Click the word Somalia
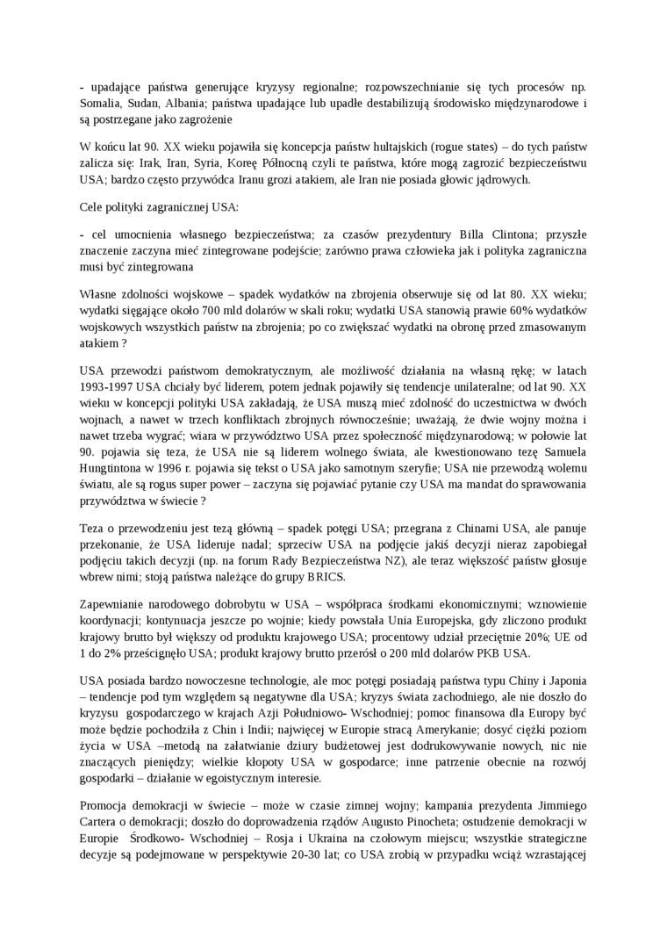click(102, 104)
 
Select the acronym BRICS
click(324, 576)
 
